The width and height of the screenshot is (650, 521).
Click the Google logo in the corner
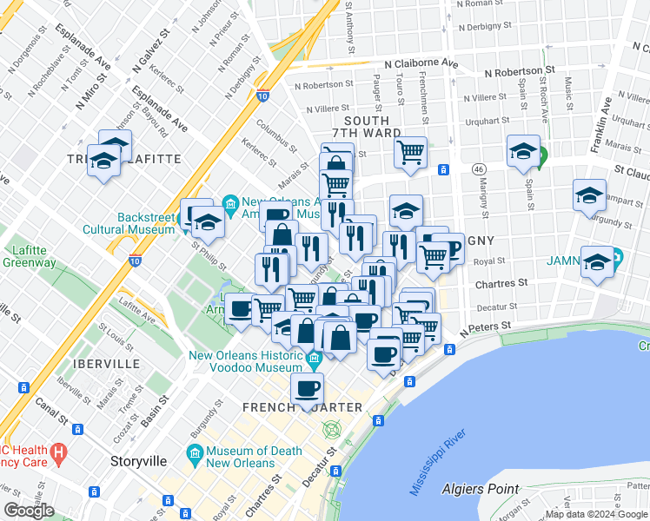coord(29,511)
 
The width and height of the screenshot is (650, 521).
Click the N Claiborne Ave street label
coord(421,63)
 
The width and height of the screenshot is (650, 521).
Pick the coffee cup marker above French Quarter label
coord(307,390)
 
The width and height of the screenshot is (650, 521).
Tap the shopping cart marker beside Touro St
coord(410,153)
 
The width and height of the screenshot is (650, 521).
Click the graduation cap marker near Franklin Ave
coord(589,195)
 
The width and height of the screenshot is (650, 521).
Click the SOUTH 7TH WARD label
coord(372,128)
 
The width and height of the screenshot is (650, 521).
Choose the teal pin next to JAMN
coord(616,258)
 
